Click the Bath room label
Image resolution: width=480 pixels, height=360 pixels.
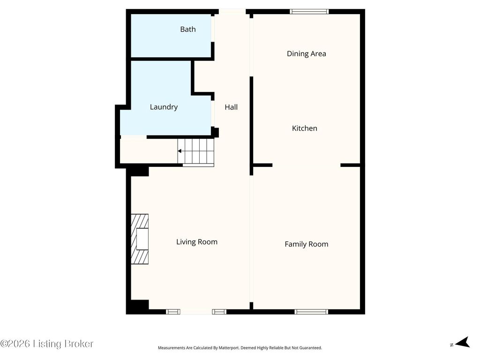coord(187,30)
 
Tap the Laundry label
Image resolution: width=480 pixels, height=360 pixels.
coord(164,107)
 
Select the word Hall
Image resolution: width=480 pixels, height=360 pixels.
coord(231,107)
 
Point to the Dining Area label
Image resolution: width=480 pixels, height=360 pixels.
coord(307,54)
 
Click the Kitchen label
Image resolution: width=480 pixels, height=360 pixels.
coord(305,128)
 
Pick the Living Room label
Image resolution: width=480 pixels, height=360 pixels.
coord(197,242)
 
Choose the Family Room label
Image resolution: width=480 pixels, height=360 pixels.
coord(307,244)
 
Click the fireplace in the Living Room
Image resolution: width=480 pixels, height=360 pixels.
coord(140,239)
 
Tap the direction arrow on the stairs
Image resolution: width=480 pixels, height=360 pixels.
coord(180,151)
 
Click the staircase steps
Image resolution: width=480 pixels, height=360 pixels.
coord(196,151)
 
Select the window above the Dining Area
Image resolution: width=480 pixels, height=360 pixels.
coord(309,12)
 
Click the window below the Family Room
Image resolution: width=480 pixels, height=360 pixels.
coord(311,312)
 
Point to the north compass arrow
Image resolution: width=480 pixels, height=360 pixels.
coord(463,342)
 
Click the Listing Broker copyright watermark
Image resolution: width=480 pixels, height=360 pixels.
coord(46,344)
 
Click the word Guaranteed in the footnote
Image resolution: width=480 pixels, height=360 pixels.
coord(312,348)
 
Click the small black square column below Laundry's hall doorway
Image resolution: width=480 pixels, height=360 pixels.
coord(216,132)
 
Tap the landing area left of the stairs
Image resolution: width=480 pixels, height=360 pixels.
coord(149,151)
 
